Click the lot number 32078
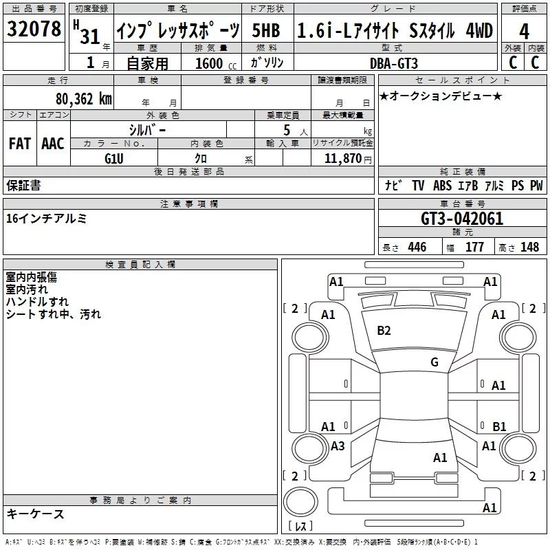click(34, 31)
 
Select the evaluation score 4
click(524, 32)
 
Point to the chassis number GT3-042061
click(461, 219)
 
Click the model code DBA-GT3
click(398, 63)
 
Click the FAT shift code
click(19, 143)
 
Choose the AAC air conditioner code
click(53, 143)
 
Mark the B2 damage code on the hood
click(384, 331)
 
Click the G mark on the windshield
click(434, 362)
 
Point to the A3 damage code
click(338, 446)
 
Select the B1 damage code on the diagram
click(499, 427)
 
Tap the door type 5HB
click(266, 31)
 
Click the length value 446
click(417, 247)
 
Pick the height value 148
click(529, 247)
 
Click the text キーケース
click(35, 514)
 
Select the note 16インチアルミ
click(46, 219)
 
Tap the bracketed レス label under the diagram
click(300, 527)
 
